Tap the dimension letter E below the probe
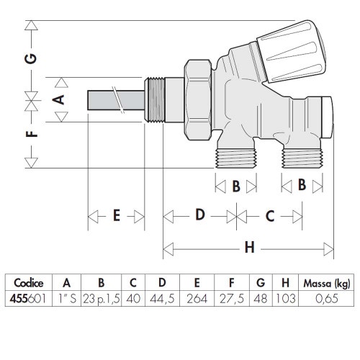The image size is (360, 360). pos(116,216)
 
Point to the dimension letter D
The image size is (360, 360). pos(200,216)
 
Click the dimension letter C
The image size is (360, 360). pos(269,216)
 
